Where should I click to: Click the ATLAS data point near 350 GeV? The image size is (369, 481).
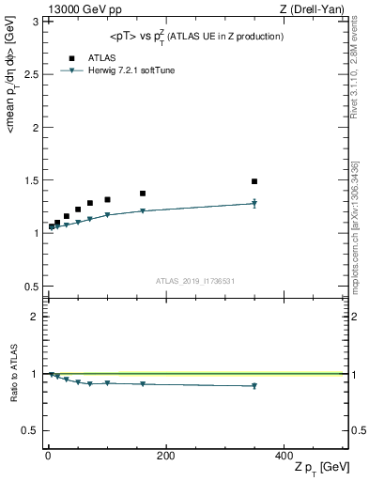(254, 181)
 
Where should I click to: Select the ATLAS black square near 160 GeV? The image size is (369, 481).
(143, 194)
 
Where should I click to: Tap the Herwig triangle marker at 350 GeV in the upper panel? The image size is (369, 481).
(254, 203)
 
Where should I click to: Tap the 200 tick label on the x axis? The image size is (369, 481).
(165, 456)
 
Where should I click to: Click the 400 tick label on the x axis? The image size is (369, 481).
(284, 456)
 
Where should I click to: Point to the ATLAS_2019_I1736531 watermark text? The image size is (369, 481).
(194, 281)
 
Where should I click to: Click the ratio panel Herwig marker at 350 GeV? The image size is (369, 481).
(254, 386)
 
